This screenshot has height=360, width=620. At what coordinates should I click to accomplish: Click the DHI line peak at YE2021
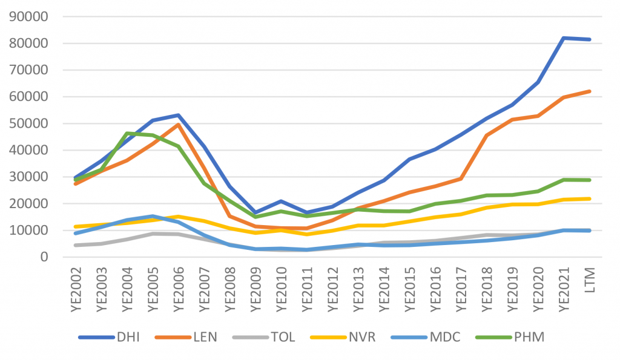coord(564,38)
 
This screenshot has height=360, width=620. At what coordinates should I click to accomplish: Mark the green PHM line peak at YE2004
coord(127,133)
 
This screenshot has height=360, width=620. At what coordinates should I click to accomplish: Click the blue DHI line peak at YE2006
coord(178,115)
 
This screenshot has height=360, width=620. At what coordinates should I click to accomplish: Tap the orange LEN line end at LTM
coord(589,91)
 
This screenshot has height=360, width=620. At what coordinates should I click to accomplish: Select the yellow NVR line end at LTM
coord(589,198)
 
